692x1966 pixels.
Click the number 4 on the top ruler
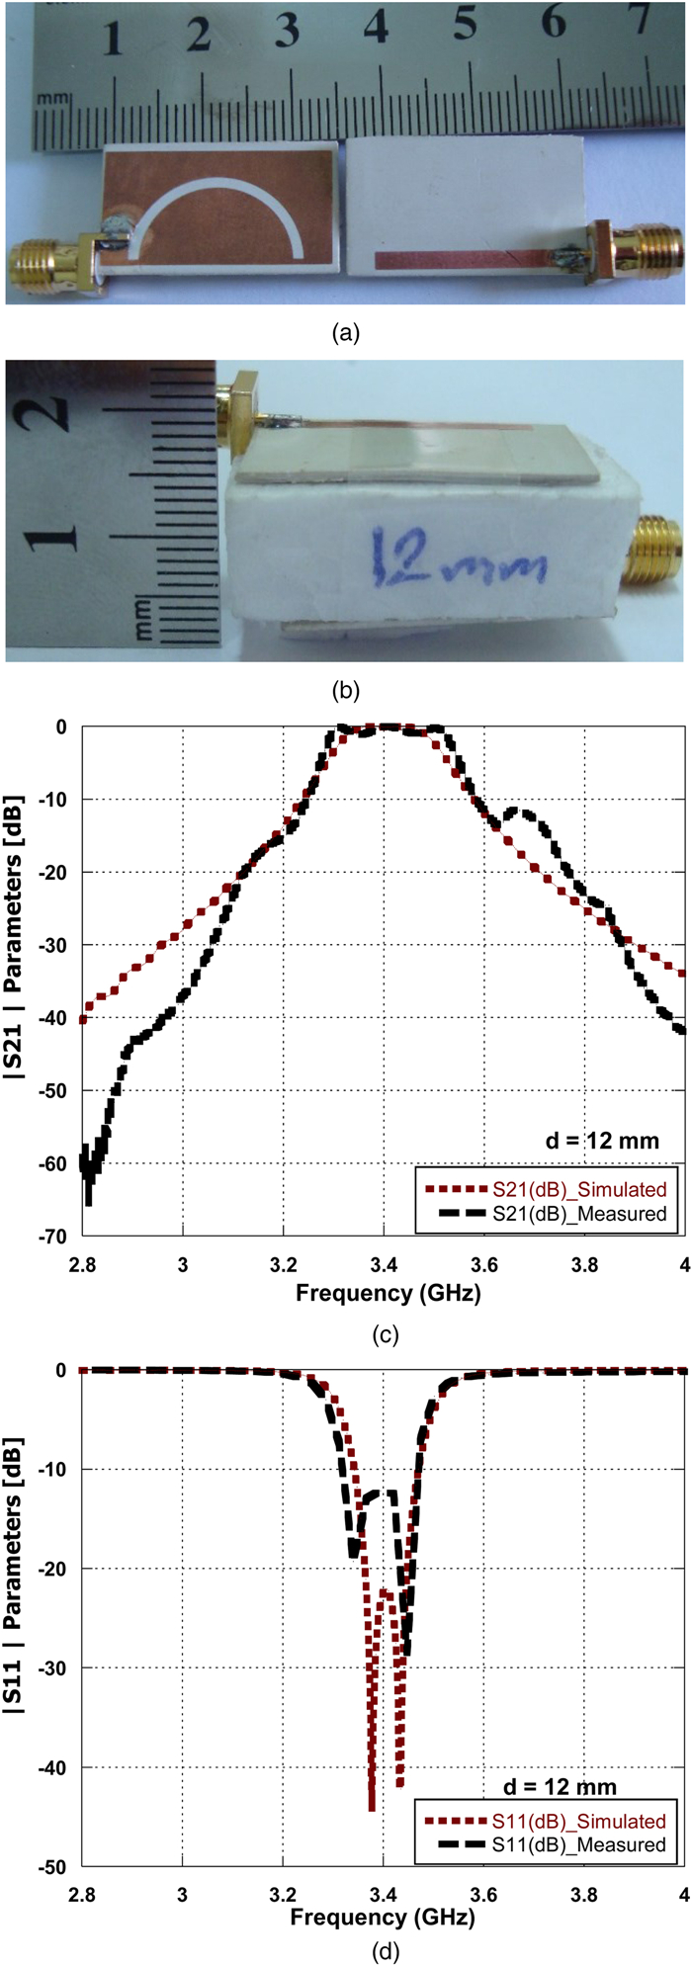point(376,29)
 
